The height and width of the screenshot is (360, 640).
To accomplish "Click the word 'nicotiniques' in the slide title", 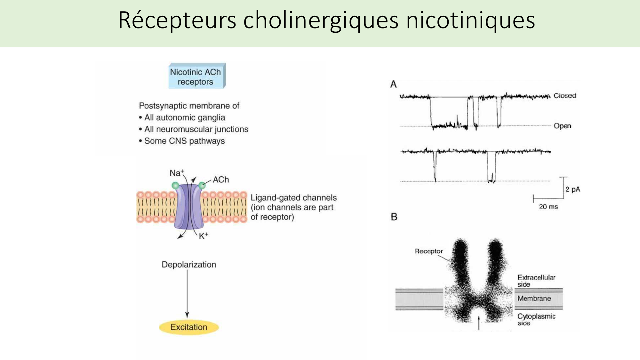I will [470, 20].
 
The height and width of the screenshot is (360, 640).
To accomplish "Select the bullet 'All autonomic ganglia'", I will [184, 117].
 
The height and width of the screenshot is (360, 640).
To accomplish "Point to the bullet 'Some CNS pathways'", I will [184, 141].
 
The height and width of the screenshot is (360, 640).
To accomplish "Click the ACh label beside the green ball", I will [221, 180].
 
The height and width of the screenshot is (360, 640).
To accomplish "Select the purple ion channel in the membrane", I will [189, 206].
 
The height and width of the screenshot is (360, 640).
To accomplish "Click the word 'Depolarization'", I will [189, 265].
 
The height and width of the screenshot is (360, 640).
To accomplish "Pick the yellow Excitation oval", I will [189, 327].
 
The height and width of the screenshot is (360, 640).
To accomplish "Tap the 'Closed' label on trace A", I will [565, 96].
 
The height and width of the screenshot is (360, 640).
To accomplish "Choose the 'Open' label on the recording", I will [563, 126].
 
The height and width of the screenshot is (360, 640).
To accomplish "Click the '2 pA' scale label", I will [573, 189].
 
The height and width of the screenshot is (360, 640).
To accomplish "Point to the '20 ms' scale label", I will [548, 207].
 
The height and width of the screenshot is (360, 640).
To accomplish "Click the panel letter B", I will [394, 217].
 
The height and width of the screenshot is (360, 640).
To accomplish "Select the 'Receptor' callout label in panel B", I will [429, 251].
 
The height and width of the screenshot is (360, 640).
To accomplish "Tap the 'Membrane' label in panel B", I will [534, 299].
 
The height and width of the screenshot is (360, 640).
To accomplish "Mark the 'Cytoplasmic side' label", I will [536, 319].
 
